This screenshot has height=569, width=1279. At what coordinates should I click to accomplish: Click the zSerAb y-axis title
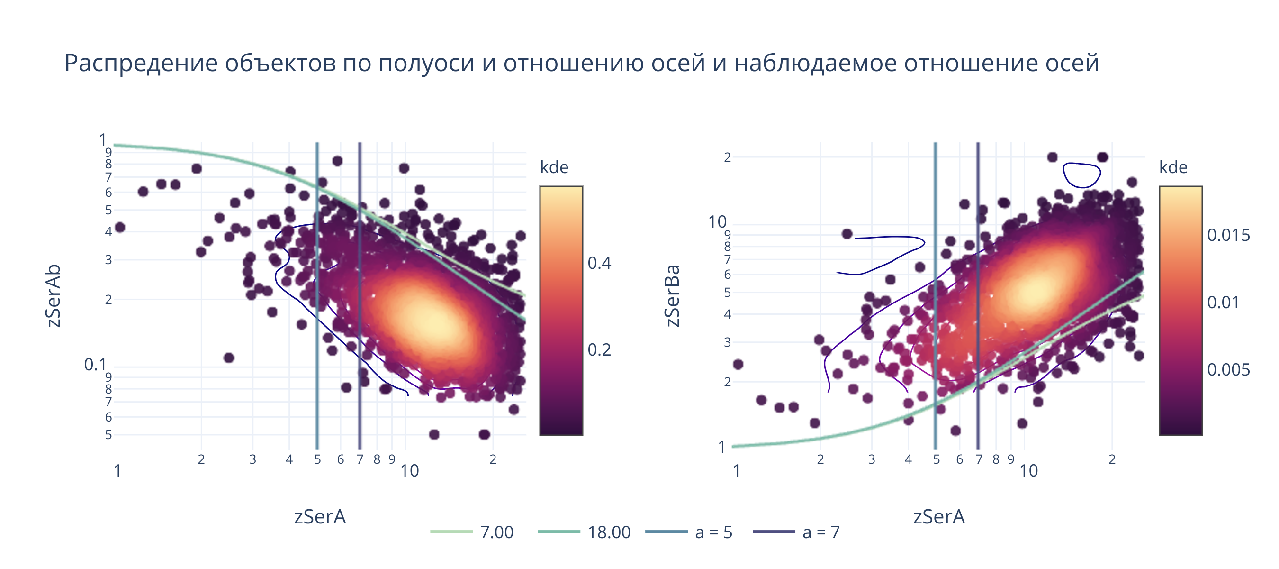click(x=53, y=296)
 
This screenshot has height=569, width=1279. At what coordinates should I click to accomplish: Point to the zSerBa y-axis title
click(x=672, y=296)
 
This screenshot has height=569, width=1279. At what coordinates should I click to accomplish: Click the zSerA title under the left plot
click(x=320, y=517)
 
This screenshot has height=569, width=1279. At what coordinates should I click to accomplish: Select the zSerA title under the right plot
click(x=939, y=517)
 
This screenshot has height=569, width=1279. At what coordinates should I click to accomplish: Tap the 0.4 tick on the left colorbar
click(x=599, y=263)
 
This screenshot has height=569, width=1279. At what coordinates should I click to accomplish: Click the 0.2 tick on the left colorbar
click(x=599, y=350)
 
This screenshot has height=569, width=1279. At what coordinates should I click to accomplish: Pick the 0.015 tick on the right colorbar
click(x=1228, y=235)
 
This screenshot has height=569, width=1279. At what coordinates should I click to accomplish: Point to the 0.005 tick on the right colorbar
click(x=1228, y=370)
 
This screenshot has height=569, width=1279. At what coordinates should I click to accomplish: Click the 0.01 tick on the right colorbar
click(x=1223, y=302)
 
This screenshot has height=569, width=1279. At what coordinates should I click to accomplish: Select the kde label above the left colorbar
click(x=554, y=167)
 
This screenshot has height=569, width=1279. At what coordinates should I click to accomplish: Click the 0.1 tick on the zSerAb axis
click(x=95, y=365)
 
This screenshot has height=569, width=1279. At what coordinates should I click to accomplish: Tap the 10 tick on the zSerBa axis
click(x=717, y=221)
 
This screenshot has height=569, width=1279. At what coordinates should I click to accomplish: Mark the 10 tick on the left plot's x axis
click(x=410, y=470)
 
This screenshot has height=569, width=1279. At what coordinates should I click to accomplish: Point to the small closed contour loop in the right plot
click(x=1082, y=175)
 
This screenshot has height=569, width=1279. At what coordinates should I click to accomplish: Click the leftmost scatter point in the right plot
click(x=739, y=364)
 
